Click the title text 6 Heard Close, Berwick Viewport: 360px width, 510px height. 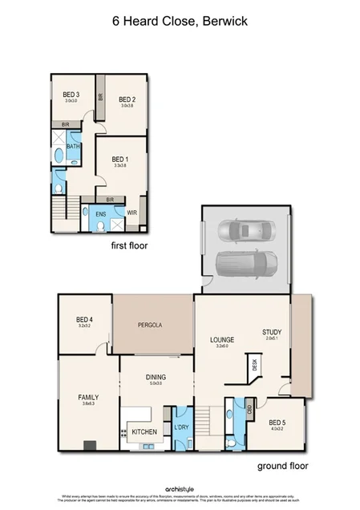tap(180, 23)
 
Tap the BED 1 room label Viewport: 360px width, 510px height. tap(120, 159)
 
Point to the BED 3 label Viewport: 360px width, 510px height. tap(71, 95)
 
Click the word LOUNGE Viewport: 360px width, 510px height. tap(221, 339)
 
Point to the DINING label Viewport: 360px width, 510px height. tap(155, 376)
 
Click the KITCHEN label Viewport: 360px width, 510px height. tap(144, 432)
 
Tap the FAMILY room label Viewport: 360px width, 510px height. tap(88, 397)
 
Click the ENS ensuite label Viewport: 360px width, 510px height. tap(101, 214)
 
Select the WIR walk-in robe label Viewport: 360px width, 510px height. tap(131, 213)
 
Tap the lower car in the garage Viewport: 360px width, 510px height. tap(247, 262)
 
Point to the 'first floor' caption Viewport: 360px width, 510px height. tap(130, 246)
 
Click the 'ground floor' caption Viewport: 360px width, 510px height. tap(282, 466)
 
